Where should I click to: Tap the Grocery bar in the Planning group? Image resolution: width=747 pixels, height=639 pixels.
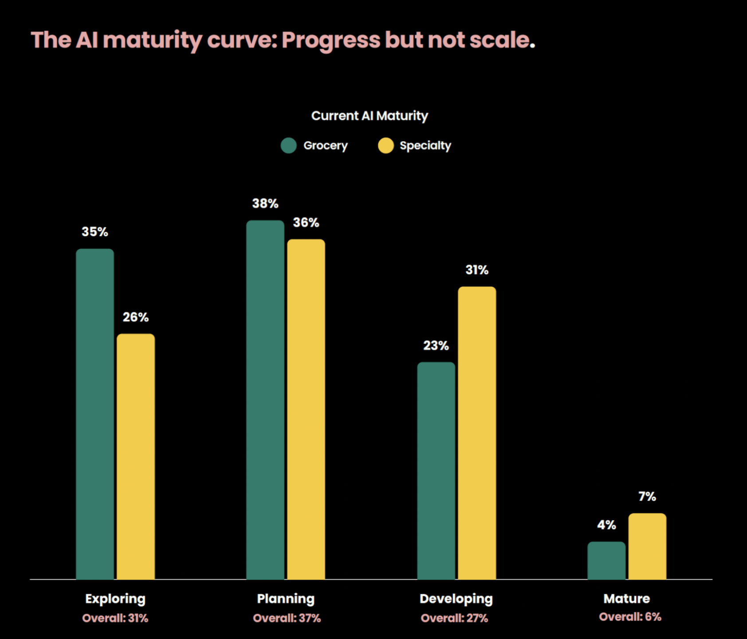[x=265, y=399]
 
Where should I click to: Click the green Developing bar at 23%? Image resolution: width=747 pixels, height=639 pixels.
[x=436, y=470]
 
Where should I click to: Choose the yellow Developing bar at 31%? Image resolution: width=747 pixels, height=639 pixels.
[x=477, y=433]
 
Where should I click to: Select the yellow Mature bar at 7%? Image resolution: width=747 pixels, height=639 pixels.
[x=647, y=546]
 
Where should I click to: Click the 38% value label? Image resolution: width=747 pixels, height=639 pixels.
[x=265, y=204]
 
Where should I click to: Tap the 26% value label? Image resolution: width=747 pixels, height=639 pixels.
[x=136, y=317]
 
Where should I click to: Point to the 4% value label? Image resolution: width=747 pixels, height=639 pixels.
[x=606, y=525]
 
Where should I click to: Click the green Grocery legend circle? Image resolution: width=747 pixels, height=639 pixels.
[x=289, y=146]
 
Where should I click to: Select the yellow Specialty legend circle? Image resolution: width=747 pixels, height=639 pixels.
[x=386, y=146]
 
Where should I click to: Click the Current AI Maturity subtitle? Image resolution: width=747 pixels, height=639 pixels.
[x=370, y=116]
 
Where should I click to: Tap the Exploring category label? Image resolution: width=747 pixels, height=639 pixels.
[x=115, y=599]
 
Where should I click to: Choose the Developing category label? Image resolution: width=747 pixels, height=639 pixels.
[x=456, y=599]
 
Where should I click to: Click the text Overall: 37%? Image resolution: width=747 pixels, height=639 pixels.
[x=287, y=618]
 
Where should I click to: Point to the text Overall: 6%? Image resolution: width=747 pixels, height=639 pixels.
[x=630, y=617]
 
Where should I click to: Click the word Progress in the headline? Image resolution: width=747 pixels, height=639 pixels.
[x=331, y=40]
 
